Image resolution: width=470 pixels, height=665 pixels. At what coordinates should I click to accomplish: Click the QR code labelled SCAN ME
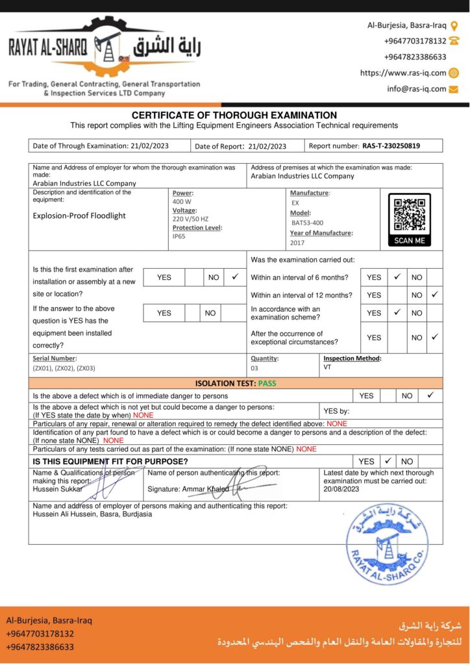[409, 216]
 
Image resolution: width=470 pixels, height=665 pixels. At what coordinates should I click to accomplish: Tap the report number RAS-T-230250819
[391, 146]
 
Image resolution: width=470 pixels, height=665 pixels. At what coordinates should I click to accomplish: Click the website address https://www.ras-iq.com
[403, 73]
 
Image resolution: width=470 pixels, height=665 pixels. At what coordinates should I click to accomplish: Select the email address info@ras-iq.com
[417, 89]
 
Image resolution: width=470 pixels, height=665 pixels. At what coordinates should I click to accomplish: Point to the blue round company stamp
[386, 543]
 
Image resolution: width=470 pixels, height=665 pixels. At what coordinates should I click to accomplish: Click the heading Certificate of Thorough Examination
[234, 115]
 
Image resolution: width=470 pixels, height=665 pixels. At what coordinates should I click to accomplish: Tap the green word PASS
[267, 383]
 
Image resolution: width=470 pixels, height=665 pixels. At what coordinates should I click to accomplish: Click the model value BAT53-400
[306, 223]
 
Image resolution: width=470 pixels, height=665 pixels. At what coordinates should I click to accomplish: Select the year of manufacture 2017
[297, 243]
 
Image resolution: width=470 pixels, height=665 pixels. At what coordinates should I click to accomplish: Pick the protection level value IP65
[179, 236]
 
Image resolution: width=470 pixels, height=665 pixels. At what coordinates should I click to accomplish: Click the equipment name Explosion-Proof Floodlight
[79, 216]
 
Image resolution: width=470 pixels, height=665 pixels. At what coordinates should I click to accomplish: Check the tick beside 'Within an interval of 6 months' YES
[397, 277]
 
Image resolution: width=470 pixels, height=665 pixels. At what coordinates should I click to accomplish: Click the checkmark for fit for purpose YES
[388, 461]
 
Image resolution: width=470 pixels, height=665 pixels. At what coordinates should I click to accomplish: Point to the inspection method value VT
[327, 368]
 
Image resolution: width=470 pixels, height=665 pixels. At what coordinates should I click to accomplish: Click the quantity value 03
[254, 368]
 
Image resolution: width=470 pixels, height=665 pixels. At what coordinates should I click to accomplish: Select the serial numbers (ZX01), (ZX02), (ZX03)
[64, 368]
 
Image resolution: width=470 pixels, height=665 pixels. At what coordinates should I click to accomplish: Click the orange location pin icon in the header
[454, 25]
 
